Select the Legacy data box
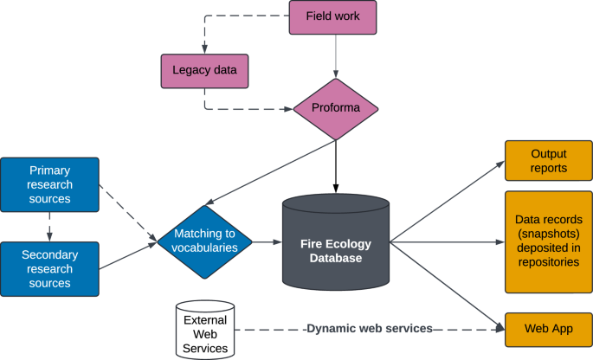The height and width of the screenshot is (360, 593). coord(204,70)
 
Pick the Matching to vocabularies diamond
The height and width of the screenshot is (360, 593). coord(204,241)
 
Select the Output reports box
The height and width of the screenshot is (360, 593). coord(548,160)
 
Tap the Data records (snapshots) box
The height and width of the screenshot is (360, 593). coord(548,241)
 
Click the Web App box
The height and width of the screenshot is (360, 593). coord(548,329)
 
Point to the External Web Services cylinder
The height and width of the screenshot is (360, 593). coord(205,330)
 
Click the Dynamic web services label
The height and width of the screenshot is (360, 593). coord(370,330)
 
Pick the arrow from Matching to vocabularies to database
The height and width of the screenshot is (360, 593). coord(268,242)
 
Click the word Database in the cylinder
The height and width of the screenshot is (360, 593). coord(336,258)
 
